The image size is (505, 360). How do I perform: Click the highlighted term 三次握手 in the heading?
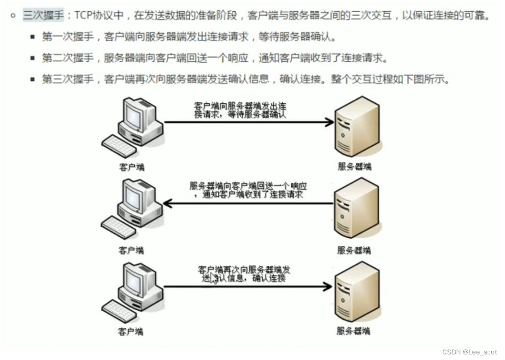(x=43, y=15)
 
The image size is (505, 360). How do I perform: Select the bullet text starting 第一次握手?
(x=189, y=37)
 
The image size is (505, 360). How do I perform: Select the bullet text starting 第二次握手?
(x=214, y=58)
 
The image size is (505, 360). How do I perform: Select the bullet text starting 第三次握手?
(x=245, y=79)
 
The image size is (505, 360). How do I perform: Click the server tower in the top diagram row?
(x=357, y=125)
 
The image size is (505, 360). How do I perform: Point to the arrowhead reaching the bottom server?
(x=328, y=287)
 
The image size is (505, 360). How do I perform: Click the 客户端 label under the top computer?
(x=131, y=167)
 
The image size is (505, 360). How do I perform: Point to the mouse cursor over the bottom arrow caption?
(x=214, y=278)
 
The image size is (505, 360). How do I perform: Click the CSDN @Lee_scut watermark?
(x=470, y=351)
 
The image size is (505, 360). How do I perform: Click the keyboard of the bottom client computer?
(x=119, y=311)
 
